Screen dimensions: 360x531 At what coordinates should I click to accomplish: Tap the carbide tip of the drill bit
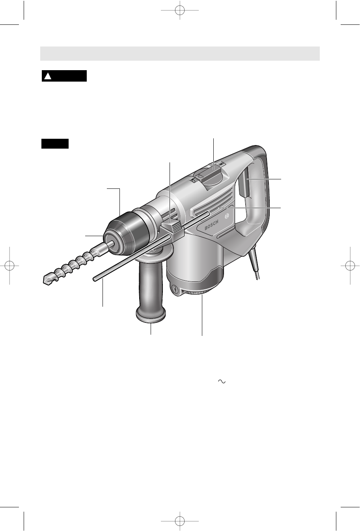coord(47,280)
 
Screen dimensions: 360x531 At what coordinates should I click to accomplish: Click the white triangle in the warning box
coord(48,76)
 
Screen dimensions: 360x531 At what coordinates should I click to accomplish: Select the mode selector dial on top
coord(210,175)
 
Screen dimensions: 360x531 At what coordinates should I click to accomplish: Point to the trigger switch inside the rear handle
coord(245,184)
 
